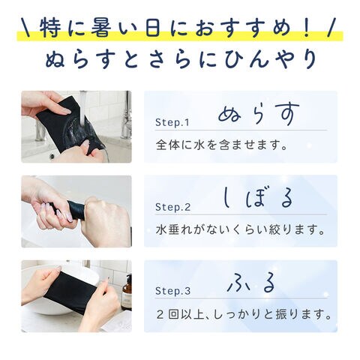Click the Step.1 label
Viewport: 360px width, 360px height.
click(172, 122)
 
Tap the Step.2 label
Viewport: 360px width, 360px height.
click(172, 207)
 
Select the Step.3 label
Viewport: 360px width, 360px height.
click(172, 291)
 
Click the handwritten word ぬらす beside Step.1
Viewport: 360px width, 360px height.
click(259, 114)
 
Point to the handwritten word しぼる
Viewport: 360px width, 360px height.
click(257, 198)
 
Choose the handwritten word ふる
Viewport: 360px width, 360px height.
click(251, 283)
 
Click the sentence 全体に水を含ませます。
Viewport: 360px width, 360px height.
click(222, 145)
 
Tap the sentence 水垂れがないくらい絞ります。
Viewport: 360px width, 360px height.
click(240, 229)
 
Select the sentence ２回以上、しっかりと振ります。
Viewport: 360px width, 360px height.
click(244, 314)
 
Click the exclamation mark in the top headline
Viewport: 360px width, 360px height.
click(307, 28)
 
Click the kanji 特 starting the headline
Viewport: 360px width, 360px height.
click(51, 28)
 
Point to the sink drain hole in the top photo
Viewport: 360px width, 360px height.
click(52, 156)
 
